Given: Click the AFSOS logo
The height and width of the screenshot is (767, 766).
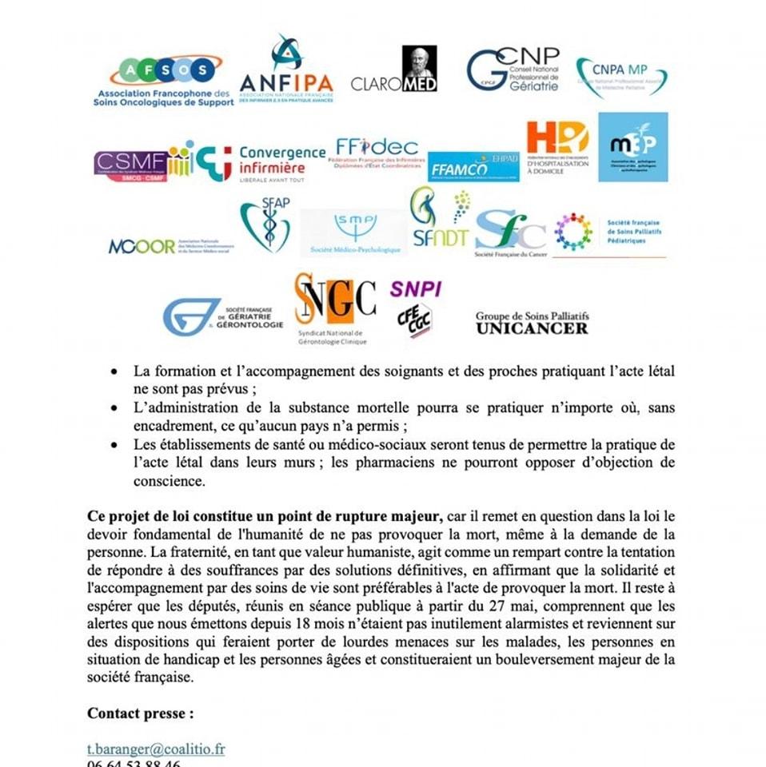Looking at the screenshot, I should click(163, 80).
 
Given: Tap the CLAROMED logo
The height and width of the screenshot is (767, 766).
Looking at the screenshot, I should click(394, 71).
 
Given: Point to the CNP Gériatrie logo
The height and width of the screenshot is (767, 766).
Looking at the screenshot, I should click(513, 70).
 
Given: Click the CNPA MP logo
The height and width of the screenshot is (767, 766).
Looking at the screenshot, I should click(621, 77).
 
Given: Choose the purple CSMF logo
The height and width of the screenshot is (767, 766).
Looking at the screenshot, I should click(130, 165).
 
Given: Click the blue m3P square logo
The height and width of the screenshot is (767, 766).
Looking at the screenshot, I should click(632, 146).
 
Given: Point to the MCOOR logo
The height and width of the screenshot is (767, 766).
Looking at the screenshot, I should click(142, 246).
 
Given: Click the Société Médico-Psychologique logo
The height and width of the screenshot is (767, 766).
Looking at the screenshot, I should click(353, 232).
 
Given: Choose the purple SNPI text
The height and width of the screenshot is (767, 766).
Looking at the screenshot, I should click(415, 288).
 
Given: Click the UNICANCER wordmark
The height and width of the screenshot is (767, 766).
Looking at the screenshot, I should click(532, 328).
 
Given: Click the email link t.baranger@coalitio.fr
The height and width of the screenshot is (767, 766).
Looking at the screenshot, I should click(156, 749).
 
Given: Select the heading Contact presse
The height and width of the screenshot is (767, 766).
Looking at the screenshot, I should click(140, 713).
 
